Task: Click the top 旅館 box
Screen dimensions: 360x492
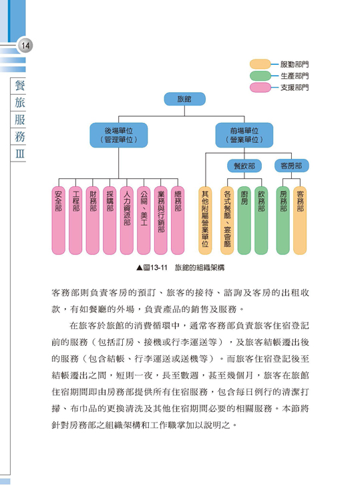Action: tap(184, 99)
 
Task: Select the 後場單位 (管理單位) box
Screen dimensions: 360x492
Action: tap(119, 135)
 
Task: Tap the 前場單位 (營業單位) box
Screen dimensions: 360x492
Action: tap(244, 135)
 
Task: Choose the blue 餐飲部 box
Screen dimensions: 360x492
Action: tap(244, 166)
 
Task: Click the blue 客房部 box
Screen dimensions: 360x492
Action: tap(291, 166)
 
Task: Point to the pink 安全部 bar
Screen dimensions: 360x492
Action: tap(58, 220)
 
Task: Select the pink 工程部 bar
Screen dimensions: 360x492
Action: tap(75, 220)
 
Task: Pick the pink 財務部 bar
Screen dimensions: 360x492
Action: tap(93, 220)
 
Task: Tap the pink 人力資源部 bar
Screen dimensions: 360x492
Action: tap(127, 220)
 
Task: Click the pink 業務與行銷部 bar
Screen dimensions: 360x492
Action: tap(161, 220)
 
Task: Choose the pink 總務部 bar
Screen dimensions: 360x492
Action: tap(178, 220)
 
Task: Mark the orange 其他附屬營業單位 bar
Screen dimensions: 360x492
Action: tap(205, 220)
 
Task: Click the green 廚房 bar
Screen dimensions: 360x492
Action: tap(244, 220)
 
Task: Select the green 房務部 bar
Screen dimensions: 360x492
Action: tap(283, 220)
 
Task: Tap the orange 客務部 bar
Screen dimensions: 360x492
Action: tap(300, 220)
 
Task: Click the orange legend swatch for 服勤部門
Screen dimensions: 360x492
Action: tap(260, 64)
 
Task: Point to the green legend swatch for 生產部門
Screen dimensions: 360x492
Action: tap(260, 76)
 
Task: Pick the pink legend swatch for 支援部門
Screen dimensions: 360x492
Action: tap(260, 87)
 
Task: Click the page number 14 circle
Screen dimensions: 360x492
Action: tap(25, 45)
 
